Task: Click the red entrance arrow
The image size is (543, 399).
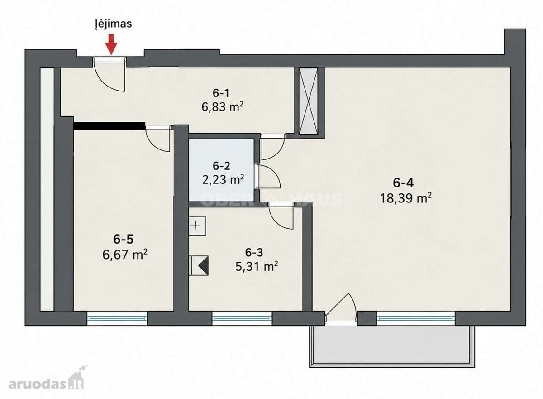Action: tap(111, 44)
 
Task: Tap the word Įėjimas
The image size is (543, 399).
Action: tap(113, 24)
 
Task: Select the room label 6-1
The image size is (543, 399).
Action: tap(221, 93)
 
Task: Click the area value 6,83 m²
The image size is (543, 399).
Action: tap(222, 106)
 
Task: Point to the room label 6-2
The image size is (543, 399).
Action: tap(221, 166)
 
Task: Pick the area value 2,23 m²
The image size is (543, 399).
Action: tap(223, 180)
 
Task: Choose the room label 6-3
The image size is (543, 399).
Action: tap(254, 253)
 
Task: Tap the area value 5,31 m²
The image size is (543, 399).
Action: tap(257, 267)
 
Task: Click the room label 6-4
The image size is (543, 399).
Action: tap(403, 183)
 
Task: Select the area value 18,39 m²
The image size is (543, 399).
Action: tap(406, 198)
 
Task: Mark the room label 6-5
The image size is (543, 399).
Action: tap(123, 240)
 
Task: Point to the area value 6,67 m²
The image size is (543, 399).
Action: tap(125, 255)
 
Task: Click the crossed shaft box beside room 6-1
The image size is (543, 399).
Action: tap(308, 101)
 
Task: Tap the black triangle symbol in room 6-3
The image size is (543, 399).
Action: tap(203, 265)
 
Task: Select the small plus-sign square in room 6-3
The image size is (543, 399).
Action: tap(197, 226)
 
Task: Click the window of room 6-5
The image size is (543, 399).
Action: tap(117, 318)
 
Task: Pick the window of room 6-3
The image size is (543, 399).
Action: tap(242, 318)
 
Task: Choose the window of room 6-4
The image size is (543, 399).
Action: tap(416, 318)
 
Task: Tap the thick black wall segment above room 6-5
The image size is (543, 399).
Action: tap(109, 126)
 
